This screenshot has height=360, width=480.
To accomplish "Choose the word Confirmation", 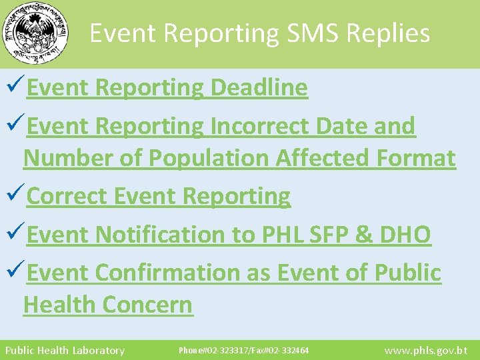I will [183, 272].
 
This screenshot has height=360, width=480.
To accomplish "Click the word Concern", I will [148, 305].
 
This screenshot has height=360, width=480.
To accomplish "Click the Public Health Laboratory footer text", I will [65, 350].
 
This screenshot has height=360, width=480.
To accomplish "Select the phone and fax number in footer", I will [243, 350].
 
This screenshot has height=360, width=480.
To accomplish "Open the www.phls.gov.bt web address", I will [427, 350].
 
